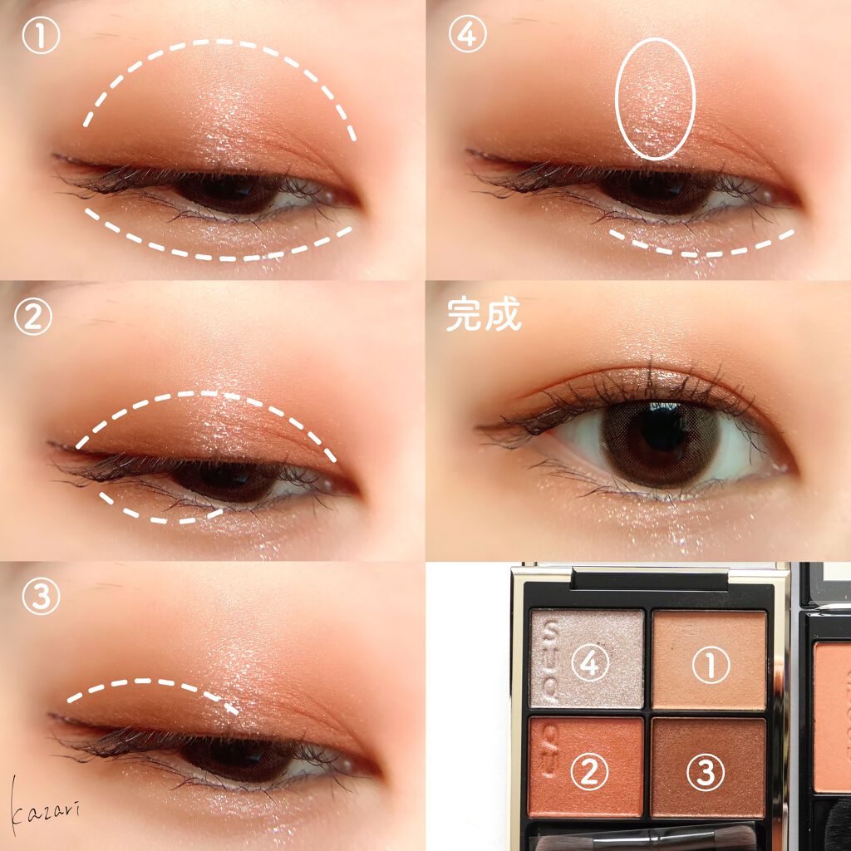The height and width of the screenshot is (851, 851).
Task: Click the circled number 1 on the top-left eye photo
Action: [x=41, y=35]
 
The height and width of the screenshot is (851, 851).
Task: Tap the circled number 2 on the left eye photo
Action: [x=33, y=317]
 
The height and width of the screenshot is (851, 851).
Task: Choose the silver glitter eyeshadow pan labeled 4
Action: [x=587, y=658]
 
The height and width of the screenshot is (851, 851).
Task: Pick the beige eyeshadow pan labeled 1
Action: [x=710, y=659]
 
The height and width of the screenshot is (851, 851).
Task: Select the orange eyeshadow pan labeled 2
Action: [x=586, y=766]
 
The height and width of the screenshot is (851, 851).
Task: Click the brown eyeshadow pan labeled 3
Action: [x=708, y=767]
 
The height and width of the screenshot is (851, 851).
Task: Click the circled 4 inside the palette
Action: [x=590, y=662]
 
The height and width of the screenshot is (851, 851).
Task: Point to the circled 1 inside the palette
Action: [x=711, y=664]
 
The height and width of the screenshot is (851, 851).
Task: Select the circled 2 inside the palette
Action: [x=589, y=770]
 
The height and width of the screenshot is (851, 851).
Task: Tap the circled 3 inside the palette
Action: [x=706, y=772]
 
